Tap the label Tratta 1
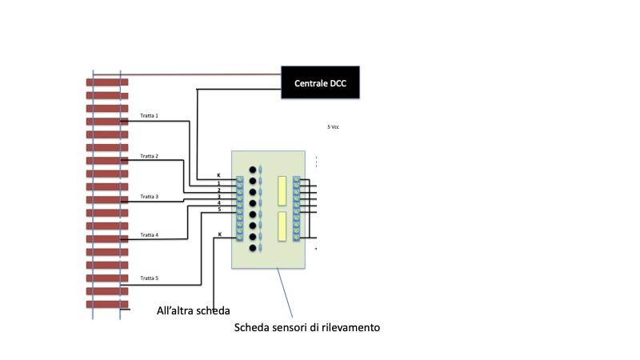(x=150, y=116)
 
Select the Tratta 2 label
(x=150, y=156)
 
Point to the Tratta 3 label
(x=150, y=196)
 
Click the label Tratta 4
(x=150, y=235)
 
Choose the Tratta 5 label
(x=150, y=278)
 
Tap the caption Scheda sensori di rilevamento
(x=305, y=327)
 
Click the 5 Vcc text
(x=334, y=127)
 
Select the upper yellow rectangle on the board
(x=282, y=189)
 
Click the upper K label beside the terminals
(x=219, y=175)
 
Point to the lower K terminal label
(x=220, y=234)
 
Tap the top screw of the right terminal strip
(x=297, y=180)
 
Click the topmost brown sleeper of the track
(x=107, y=82)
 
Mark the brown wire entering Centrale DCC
(x=200, y=76)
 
